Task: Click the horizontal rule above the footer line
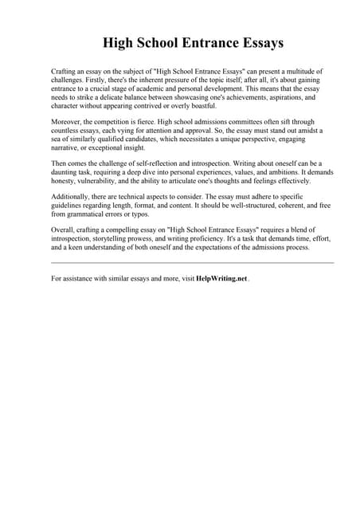pos(192,262)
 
